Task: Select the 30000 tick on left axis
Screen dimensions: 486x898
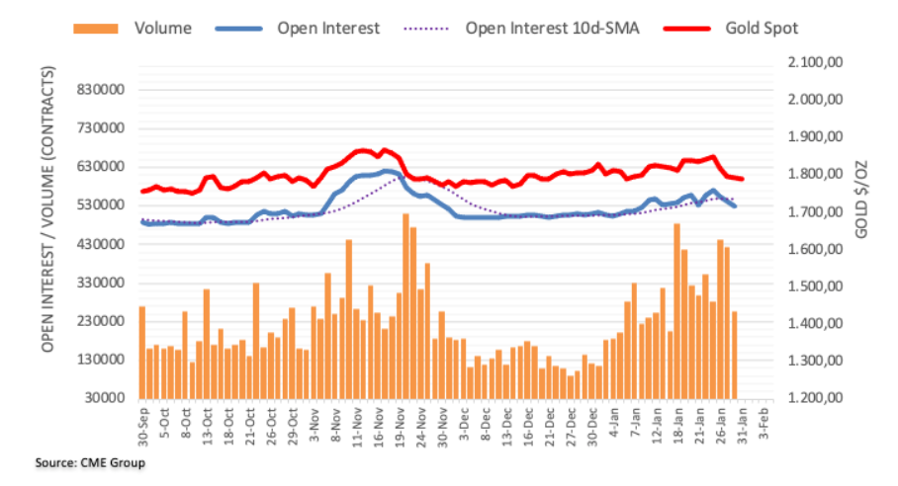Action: [x=109, y=398]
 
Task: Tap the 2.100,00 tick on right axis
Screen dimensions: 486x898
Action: [x=812, y=62]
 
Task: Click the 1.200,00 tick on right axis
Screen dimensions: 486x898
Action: [x=812, y=398]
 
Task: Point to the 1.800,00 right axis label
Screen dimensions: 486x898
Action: [x=812, y=175]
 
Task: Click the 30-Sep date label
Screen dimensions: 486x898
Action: [x=143, y=422]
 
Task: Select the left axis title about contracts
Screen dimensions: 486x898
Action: [x=47, y=209]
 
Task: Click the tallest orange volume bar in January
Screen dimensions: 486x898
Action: [x=676, y=310]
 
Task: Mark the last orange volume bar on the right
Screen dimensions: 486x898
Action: [x=735, y=354]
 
